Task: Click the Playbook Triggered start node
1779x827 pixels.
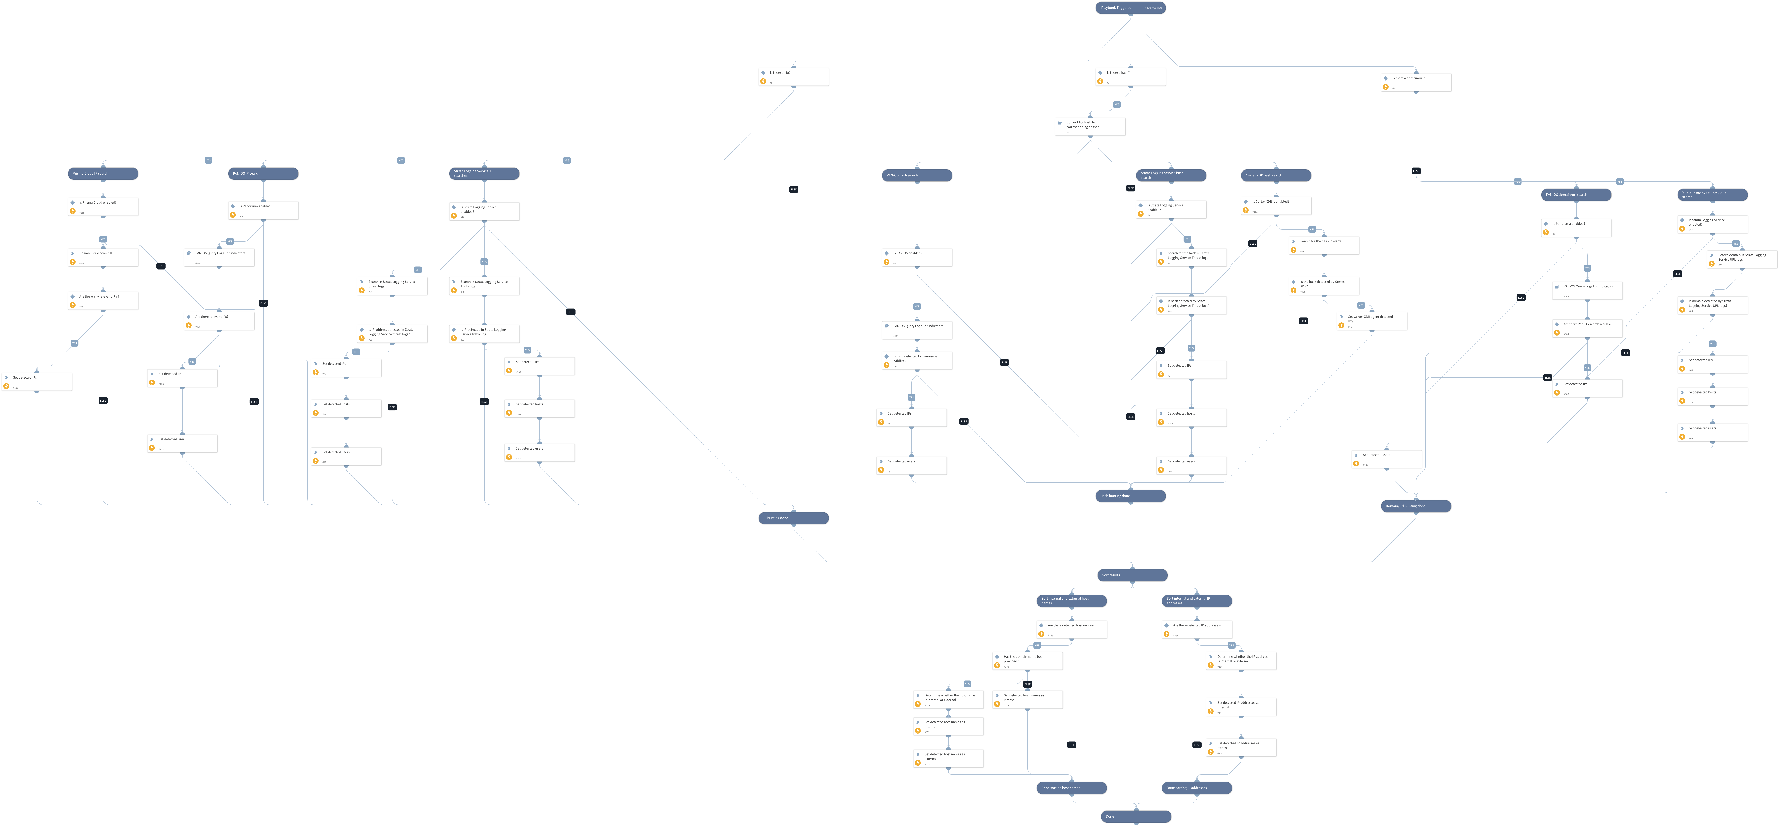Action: pyautogui.click(x=1130, y=8)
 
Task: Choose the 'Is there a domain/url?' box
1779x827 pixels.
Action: pyautogui.click(x=1416, y=82)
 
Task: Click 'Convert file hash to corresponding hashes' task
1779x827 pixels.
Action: pyautogui.click(x=1090, y=126)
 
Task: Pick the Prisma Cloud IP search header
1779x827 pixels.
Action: pyautogui.click(x=103, y=173)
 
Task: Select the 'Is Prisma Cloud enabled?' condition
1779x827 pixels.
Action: pyautogui.click(x=103, y=207)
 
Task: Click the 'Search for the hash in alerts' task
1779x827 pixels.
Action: pyautogui.click(x=1324, y=245)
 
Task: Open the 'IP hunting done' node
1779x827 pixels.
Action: pyautogui.click(x=794, y=518)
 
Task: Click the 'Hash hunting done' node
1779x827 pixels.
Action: pyautogui.click(x=1131, y=496)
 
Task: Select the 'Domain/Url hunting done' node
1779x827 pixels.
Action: pyautogui.click(x=1416, y=506)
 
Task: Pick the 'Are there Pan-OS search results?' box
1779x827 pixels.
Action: pyautogui.click(x=1587, y=328)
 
